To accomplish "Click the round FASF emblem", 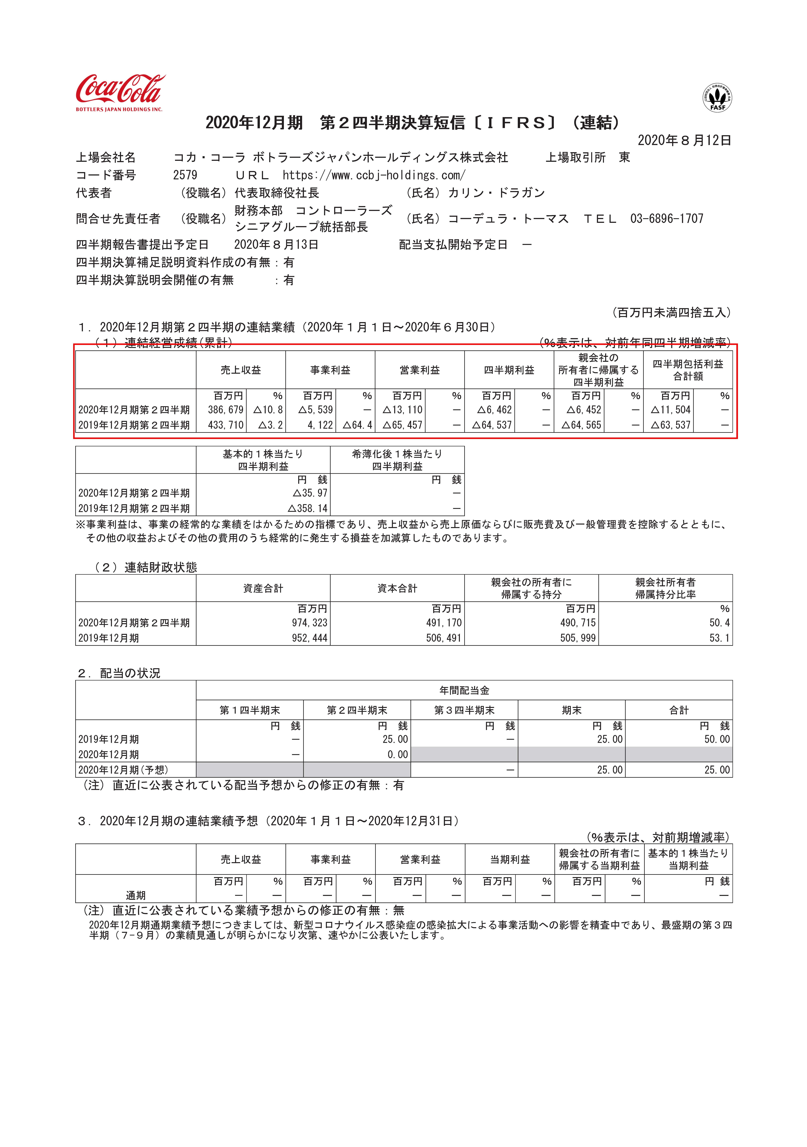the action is [x=718, y=98].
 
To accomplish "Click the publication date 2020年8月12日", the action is [x=684, y=140].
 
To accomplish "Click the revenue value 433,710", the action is [x=225, y=425].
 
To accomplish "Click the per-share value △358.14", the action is [x=308, y=509].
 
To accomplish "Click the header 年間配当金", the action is [x=464, y=690].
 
